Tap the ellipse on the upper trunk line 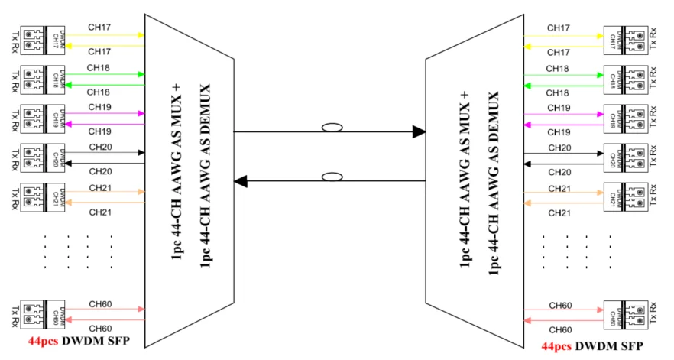(331, 129)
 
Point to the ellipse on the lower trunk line (331, 178)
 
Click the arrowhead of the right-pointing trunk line (418, 132)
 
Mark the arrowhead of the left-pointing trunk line (241, 181)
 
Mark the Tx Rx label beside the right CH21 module (654, 196)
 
